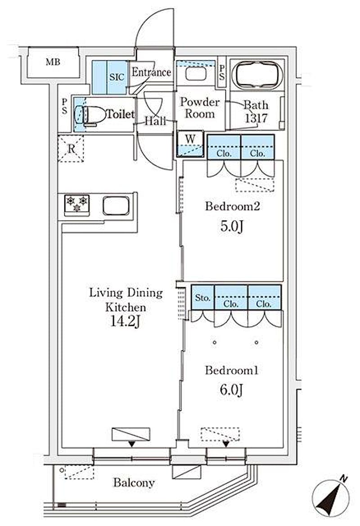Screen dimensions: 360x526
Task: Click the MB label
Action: click(53, 62)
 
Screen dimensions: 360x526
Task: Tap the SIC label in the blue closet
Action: click(117, 77)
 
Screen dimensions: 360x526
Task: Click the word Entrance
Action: click(151, 72)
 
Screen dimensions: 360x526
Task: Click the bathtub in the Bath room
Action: click(257, 75)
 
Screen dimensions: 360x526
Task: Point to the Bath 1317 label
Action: click(256, 111)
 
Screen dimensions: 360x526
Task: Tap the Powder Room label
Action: click(200, 108)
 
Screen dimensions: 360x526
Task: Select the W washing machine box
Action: click(190, 144)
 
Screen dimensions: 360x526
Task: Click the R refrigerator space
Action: click(71, 148)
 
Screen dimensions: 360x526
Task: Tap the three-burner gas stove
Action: click(77, 205)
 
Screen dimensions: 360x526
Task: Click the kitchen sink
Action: click(116, 206)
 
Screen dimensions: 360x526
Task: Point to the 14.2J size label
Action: click(125, 321)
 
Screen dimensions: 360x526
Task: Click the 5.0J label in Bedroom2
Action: click(232, 226)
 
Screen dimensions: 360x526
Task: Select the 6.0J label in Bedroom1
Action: click(231, 390)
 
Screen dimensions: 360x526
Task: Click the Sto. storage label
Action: click(202, 298)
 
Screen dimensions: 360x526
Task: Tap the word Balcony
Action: click(134, 483)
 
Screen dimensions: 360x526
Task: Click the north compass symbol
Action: click(331, 496)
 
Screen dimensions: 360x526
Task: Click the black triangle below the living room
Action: click(132, 444)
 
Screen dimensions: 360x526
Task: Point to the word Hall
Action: click(155, 121)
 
